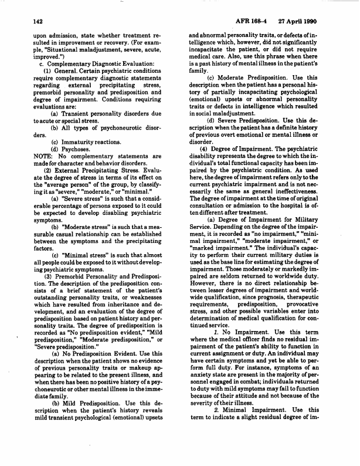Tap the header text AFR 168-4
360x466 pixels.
coord(273,21)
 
